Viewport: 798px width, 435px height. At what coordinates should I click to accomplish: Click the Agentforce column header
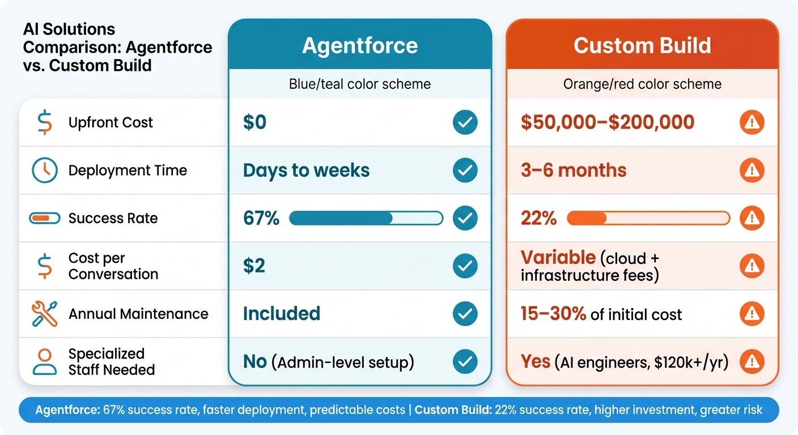click(x=360, y=46)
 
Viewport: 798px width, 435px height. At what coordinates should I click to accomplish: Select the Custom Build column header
click(x=642, y=46)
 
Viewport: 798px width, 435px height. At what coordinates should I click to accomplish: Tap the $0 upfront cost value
click(x=254, y=122)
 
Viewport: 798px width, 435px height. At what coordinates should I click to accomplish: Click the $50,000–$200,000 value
click(x=608, y=122)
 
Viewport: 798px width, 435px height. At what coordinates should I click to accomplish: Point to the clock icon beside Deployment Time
click(x=44, y=170)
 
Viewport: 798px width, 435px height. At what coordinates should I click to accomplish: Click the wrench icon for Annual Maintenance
click(x=44, y=314)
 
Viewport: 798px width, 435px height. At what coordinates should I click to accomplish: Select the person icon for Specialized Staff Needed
click(x=44, y=362)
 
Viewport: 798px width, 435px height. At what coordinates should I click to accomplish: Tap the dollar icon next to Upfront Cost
click(x=44, y=123)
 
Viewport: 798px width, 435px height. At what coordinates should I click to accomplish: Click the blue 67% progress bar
click(x=366, y=218)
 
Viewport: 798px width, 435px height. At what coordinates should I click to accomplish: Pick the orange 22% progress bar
click(x=648, y=218)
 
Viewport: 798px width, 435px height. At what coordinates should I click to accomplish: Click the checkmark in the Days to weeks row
click(x=465, y=170)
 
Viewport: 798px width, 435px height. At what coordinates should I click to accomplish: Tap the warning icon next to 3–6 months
click(x=752, y=170)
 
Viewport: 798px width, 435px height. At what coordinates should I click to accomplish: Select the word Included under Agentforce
click(x=282, y=314)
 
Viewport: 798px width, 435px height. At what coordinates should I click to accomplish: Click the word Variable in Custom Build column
click(x=558, y=258)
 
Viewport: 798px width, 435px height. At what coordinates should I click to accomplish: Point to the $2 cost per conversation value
click(x=254, y=266)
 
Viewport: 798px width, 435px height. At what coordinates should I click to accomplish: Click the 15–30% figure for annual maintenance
click(x=553, y=314)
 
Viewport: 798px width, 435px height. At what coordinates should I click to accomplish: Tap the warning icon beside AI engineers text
click(x=752, y=362)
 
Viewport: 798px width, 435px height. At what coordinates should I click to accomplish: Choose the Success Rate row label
click(x=113, y=218)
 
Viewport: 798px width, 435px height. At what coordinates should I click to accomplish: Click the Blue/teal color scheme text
click(x=360, y=84)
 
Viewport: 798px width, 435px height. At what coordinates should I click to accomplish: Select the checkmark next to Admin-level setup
click(x=465, y=362)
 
